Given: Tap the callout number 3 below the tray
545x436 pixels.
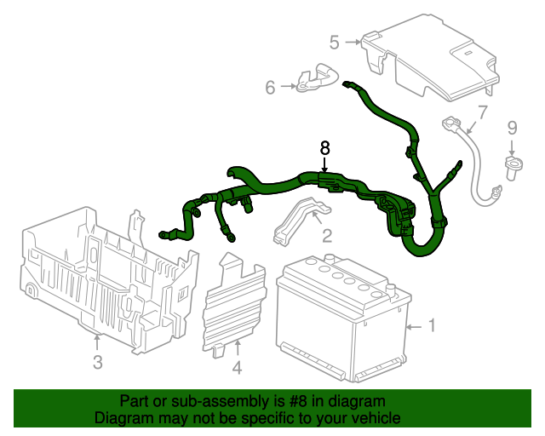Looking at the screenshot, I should coord(97,364).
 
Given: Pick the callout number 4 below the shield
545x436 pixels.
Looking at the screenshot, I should coord(237,368).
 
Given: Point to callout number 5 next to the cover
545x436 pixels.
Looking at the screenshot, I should coord(335,42).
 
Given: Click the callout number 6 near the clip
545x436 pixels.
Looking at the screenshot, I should coord(271,87).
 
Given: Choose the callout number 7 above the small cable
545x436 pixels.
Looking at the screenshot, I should coord(482,112).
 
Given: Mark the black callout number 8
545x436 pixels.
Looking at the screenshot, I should coord(324,147).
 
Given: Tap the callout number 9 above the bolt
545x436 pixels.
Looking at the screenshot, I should coord(512,129).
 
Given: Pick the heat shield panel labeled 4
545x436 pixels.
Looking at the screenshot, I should coord(234,302).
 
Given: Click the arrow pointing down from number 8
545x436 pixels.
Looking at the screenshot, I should coord(324,164).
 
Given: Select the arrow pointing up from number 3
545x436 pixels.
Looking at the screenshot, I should coord(97,342).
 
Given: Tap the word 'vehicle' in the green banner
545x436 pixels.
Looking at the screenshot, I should coord(376,418).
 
